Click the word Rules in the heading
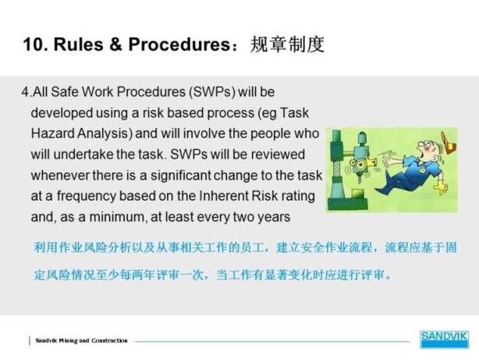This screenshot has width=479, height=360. coord(79,44)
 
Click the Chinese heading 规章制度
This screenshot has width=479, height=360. coord(287,45)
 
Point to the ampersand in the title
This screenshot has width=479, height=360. coord(116,44)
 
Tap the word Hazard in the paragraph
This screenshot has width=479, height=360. coord(53,134)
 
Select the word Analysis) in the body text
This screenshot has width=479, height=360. coord(105,134)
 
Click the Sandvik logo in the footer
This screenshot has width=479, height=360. coord(444,340)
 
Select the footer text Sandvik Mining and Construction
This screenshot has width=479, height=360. coord(81,340)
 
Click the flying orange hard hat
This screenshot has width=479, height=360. coord(449,143)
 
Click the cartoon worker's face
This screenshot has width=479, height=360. coord(427,149)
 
